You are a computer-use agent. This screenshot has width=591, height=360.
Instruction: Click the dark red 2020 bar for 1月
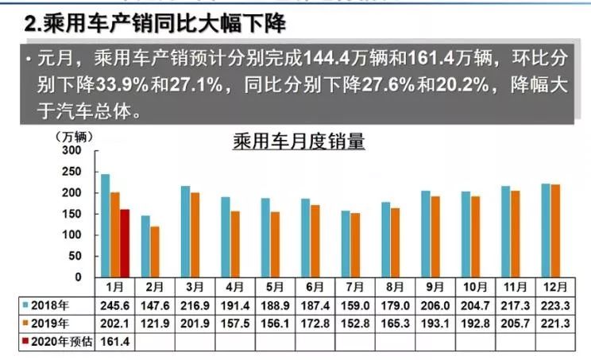(125, 243)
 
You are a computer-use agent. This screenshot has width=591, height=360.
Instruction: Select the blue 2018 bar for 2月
(145, 246)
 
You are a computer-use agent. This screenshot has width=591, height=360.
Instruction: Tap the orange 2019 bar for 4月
(234, 244)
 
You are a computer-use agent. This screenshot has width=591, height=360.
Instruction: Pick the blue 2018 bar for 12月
(546, 230)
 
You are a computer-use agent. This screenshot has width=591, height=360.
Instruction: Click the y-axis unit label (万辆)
(70, 136)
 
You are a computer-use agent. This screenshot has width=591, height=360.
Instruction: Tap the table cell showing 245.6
(115, 305)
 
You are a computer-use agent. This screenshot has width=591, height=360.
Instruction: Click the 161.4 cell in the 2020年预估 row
(115, 341)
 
